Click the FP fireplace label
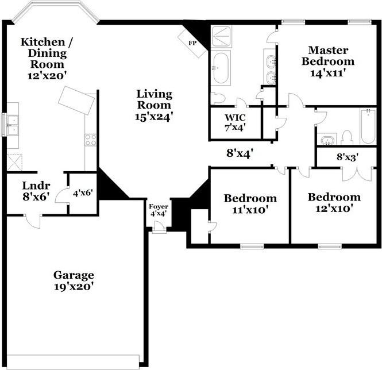pyautogui.click(x=192, y=43)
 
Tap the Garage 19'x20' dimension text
pyautogui.click(x=74, y=287)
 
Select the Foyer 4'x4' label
pyautogui.click(x=159, y=210)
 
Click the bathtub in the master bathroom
pyautogui.click(x=221, y=68)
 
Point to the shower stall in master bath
pyautogui.click(x=221, y=36)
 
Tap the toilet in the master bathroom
pyautogui.click(x=218, y=98)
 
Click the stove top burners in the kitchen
pyautogui.click(x=90, y=140)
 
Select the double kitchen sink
pyautogui.click(x=13, y=125)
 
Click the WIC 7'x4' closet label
pyautogui.click(x=235, y=122)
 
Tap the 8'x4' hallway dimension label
pyautogui.click(x=240, y=153)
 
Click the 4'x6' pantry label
pyautogui.click(x=83, y=193)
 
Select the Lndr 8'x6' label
pyautogui.click(x=36, y=191)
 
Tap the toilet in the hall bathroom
pyautogui.click(x=347, y=137)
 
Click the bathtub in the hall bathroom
pyautogui.click(x=368, y=126)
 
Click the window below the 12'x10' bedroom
pyautogui.click(x=330, y=246)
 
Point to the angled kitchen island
pyautogui.click(x=76, y=100)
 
